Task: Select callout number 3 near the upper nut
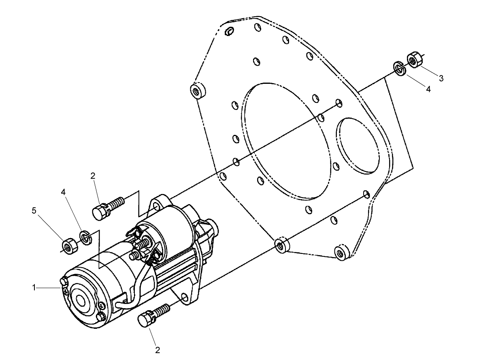coord(441,79)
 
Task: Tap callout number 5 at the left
coord(34,211)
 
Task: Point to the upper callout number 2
coord(93,176)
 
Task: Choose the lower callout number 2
coord(158,350)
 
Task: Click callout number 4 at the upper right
coord(428,89)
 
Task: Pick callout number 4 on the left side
coord(64,192)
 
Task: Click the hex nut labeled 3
coord(414,60)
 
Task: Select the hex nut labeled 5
coord(67,245)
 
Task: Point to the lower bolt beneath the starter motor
coord(154,315)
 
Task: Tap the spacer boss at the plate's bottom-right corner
coord(342,252)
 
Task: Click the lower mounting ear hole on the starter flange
coord(184,298)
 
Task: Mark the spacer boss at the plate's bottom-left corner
coord(281,245)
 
